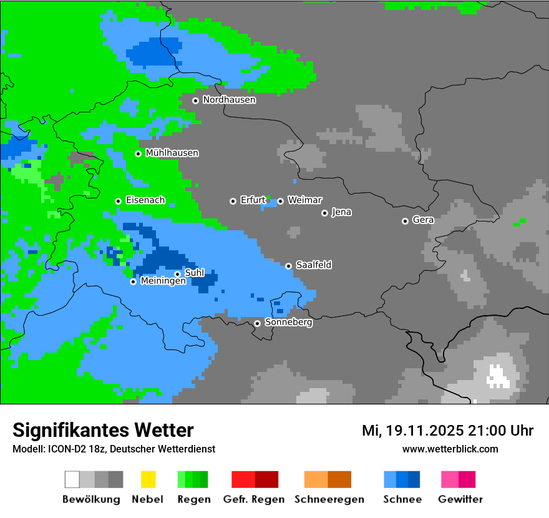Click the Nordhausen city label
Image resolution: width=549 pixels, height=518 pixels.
[229, 100]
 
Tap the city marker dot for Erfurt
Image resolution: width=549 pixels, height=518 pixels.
[233, 201]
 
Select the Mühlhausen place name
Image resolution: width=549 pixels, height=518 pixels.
[172, 153]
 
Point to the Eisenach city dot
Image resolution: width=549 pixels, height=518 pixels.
[118, 201]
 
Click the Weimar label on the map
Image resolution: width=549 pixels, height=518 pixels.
[304, 200]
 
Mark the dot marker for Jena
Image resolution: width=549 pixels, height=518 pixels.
[324, 213]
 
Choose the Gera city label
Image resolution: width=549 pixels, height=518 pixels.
[423, 220]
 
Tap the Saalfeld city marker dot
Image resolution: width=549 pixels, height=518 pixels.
[288, 266]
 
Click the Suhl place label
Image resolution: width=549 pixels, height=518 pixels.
[195, 273]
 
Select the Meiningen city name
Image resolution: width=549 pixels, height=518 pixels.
[163, 281]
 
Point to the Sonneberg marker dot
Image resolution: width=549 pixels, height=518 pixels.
[257, 323]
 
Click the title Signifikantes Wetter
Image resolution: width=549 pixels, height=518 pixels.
[103, 430]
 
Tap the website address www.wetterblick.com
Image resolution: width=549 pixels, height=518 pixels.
[450, 449]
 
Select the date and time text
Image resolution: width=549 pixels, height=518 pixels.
[447, 431]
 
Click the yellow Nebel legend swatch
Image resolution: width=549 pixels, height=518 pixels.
[148, 479]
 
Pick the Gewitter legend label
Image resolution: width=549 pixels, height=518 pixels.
[460, 499]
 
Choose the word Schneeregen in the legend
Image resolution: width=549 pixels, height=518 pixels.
[329, 499]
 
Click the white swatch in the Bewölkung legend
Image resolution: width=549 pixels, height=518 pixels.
[72, 479]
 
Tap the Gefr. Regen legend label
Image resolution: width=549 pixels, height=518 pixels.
[254, 499]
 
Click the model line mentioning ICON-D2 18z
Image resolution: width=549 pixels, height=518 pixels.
[114, 449]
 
